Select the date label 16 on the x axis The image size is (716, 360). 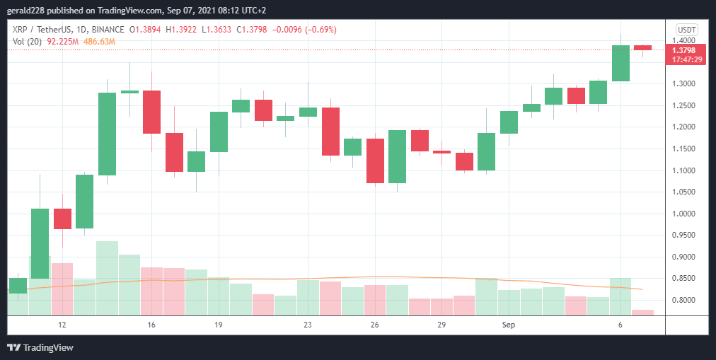pyautogui.click(x=151, y=325)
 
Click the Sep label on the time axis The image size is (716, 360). pyautogui.click(x=509, y=325)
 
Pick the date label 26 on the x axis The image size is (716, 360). pyautogui.click(x=375, y=325)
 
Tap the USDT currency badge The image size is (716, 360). pyautogui.click(x=686, y=30)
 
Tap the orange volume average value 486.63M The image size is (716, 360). pyautogui.click(x=100, y=42)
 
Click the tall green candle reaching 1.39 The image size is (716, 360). pyautogui.click(x=620, y=63)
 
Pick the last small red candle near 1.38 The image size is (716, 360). pyautogui.click(x=642, y=47)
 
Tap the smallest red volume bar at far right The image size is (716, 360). pyautogui.click(x=642, y=312)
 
